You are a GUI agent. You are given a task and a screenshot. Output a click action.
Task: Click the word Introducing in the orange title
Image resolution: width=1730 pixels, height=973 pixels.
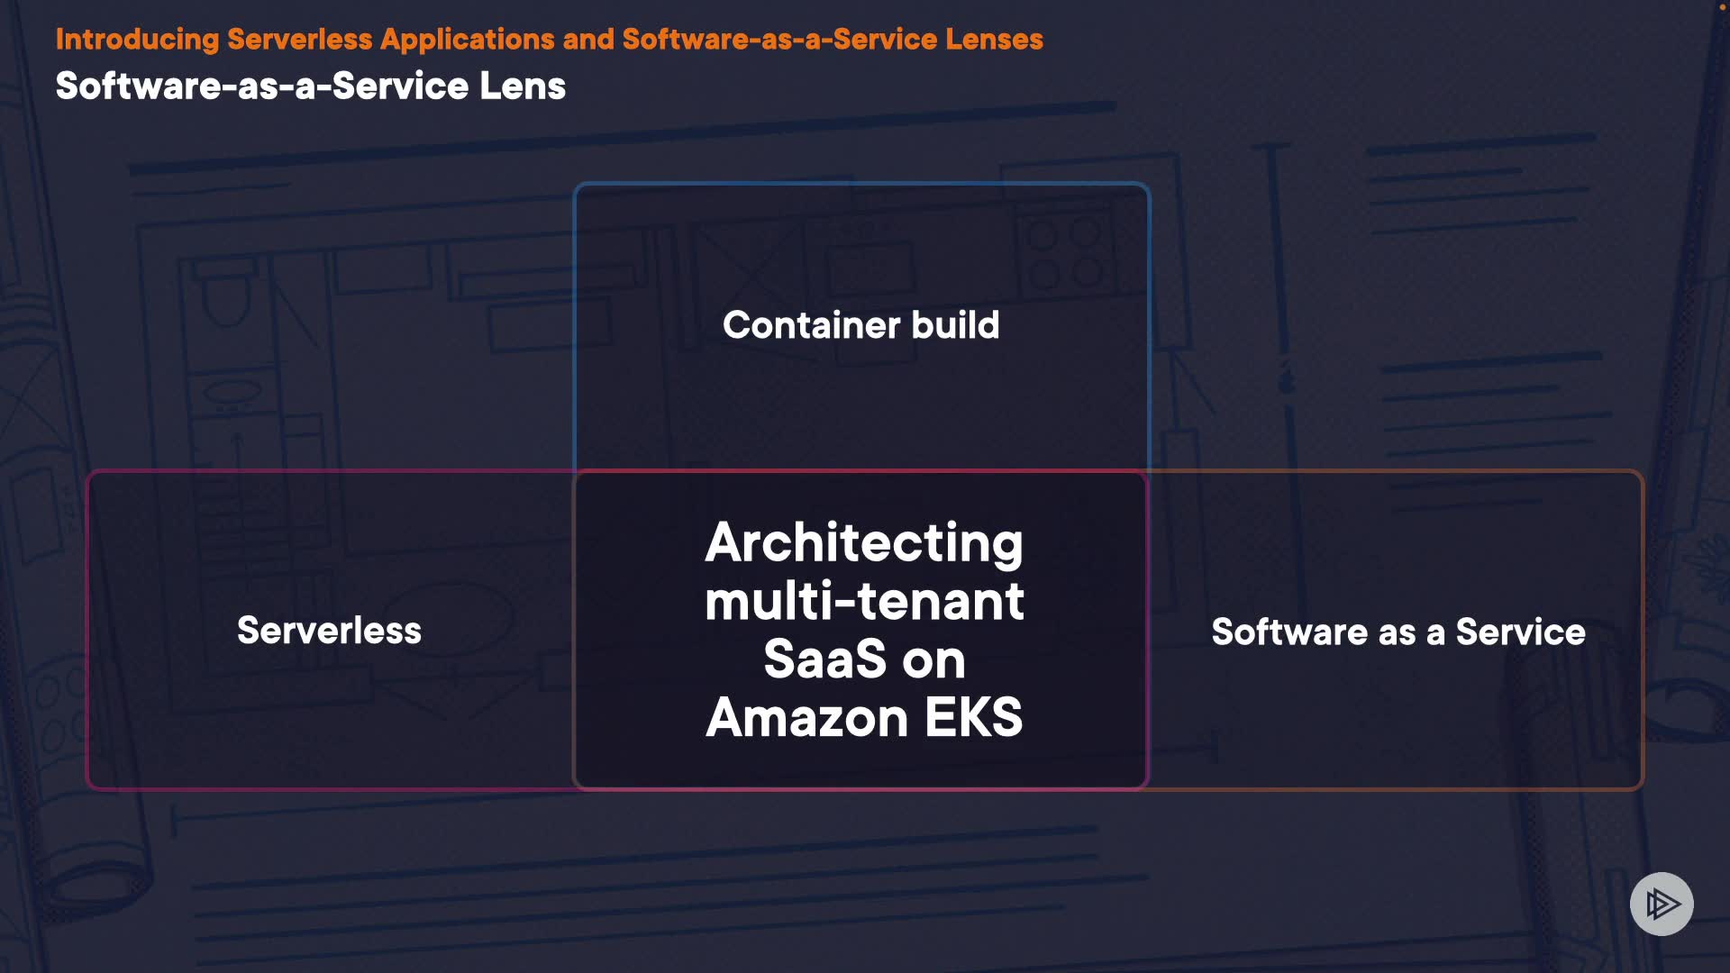pyautogui.click(x=137, y=40)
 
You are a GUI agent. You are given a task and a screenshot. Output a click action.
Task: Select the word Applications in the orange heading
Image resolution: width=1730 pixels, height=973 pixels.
pyautogui.click(x=467, y=40)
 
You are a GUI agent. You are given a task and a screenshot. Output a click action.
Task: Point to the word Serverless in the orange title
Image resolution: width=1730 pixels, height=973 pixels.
pyautogui.click(x=299, y=40)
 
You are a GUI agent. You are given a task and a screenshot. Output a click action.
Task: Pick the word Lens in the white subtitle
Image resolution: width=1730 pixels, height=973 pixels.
pyautogui.click(x=523, y=86)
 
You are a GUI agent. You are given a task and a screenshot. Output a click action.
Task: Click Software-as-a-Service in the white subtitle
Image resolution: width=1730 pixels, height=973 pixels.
pyautogui.click(x=262, y=86)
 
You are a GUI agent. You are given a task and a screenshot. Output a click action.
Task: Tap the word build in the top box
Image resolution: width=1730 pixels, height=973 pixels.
pyautogui.click(x=955, y=325)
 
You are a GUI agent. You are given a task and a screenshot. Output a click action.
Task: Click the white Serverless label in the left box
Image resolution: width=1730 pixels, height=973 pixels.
pyautogui.click(x=329, y=631)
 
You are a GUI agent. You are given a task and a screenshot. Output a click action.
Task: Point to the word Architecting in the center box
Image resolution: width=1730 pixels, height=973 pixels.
pyautogui.click(x=863, y=543)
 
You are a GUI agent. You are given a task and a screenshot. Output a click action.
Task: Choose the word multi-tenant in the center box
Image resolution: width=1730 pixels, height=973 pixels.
pyautogui.click(x=863, y=602)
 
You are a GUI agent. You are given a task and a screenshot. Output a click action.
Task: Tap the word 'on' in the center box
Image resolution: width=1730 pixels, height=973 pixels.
pyautogui.click(x=933, y=661)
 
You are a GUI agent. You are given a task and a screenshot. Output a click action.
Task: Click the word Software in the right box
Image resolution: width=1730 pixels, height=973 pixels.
pyautogui.click(x=1288, y=632)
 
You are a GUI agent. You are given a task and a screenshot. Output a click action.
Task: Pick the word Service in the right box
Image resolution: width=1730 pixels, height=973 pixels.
pyautogui.click(x=1520, y=632)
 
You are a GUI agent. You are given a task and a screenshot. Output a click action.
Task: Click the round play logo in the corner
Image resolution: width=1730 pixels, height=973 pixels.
pyautogui.click(x=1662, y=904)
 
